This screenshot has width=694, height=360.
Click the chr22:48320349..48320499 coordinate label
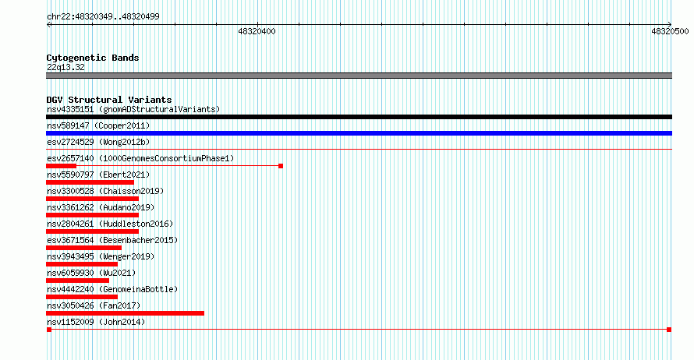click(x=103, y=16)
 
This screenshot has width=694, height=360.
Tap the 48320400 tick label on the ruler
click(x=257, y=31)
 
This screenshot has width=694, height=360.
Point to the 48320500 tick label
click(x=670, y=31)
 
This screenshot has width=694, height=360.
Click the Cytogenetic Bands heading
click(x=93, y=58)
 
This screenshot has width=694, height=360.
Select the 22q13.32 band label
click(x=66, y=67)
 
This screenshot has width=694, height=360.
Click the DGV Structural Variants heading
click(x=109, y=100)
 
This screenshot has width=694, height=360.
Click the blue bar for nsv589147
click(x=359, y=133)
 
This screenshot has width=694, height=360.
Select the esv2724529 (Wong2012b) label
click(x=98, y=142)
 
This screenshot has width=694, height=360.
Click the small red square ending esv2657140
click(x=281, y=166)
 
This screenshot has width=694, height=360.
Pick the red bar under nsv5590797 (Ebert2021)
click(x=90, y=182)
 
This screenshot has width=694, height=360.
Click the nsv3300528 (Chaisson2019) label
click(x=105, y=191)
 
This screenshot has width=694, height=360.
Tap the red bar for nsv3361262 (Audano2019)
click(x=92, y=215)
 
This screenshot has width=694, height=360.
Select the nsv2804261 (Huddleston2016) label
click(x=110, y=224)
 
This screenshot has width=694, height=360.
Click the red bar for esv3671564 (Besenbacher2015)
click(x=83, y=248)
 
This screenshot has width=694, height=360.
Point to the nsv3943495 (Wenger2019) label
click(x=101, y=256)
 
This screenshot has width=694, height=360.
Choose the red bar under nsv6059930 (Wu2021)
click(x=77, y=281)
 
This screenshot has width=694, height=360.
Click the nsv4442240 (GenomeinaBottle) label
click(x=112, y=289)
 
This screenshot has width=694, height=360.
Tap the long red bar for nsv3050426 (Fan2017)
click(x=126, y=313)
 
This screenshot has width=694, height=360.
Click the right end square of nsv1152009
click(x=669, y=330)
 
